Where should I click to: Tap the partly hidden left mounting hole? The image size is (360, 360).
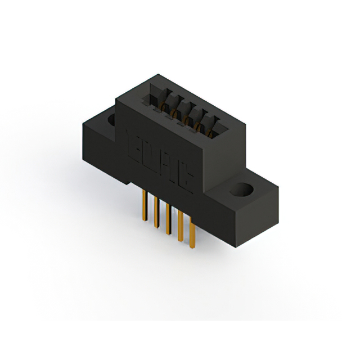click(x=111, y=119)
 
